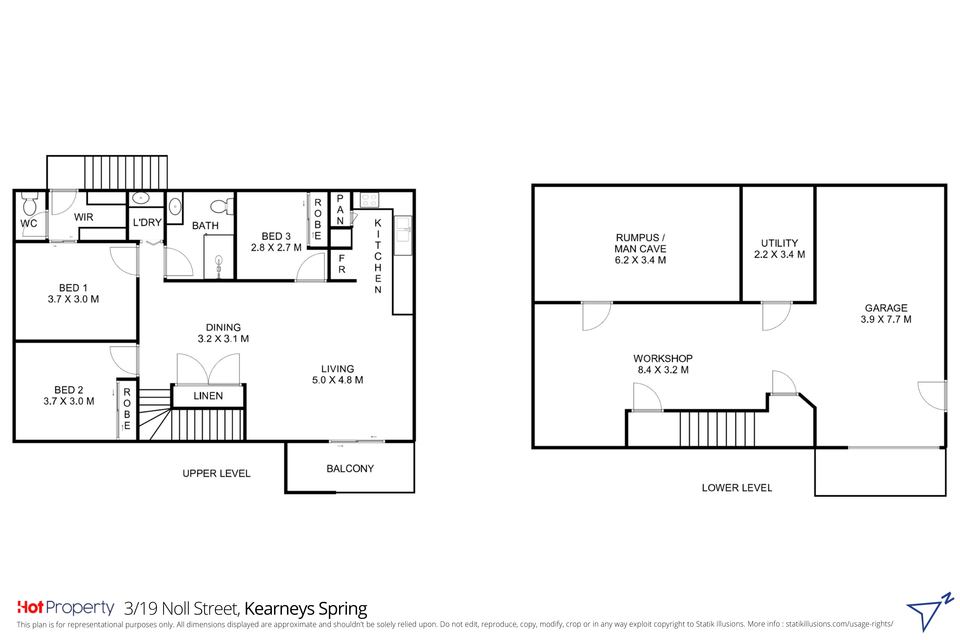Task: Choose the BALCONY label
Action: [350, 468]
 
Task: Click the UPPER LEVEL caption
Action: [216, 473]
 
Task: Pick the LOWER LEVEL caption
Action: [737, 488]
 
